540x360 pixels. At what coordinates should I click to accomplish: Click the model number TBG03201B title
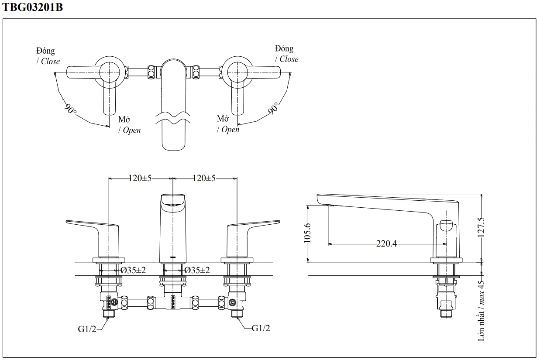[x=33, y=7]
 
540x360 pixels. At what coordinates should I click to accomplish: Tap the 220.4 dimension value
[x=387, y=243]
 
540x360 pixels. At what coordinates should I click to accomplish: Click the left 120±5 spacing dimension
[x=140, y=178]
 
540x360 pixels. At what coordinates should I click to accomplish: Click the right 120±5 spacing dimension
[x=204, y=178]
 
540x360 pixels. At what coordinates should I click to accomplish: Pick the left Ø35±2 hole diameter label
[x=133, y=270]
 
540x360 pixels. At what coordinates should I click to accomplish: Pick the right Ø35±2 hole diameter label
[x=197, y=270]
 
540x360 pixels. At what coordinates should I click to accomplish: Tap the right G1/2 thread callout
[x=261, y=328]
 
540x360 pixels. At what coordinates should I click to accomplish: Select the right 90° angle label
[x=273, y=108]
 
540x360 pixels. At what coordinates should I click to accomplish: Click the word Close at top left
[x=50, y=62]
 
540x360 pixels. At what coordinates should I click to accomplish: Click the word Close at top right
[x=289, y=59]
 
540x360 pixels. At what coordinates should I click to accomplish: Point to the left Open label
[x=131, y=130]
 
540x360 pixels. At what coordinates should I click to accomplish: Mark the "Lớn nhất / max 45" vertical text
[x=482, y=310]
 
